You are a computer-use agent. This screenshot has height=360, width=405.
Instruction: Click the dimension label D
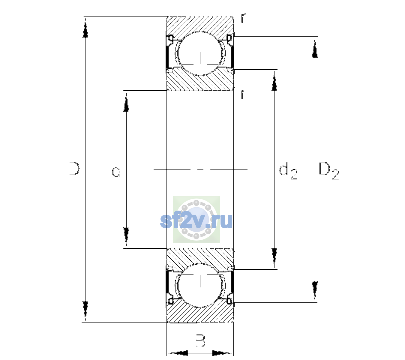pos(74,169)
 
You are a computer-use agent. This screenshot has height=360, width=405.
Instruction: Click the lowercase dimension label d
pos(116,170)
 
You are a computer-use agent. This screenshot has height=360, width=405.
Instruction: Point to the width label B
pos(200,340)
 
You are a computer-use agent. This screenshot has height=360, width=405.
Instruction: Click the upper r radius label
pos(244,18)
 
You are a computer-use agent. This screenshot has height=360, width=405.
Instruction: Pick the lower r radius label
pos(244,94)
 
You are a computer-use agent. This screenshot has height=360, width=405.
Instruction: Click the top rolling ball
pos(200,53)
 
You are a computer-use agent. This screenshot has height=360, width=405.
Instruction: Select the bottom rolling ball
pos(200,285)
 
